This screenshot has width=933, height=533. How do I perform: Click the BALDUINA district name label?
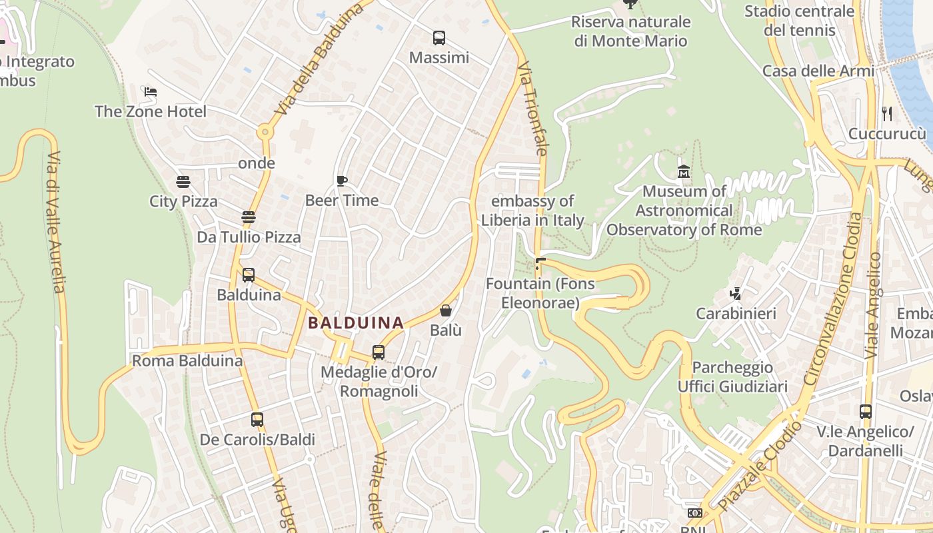point(356,323)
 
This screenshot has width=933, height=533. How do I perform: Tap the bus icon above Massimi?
point(439,38)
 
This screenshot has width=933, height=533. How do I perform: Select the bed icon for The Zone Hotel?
point(151,92)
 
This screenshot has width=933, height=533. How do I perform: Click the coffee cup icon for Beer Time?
point(342,181)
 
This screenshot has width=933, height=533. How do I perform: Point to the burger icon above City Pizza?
point(183,181)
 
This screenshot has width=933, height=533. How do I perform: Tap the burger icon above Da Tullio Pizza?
point(249,217)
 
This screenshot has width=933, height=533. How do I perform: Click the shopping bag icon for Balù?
point(446,310)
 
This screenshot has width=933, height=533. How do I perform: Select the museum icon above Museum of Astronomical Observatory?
point(684,172)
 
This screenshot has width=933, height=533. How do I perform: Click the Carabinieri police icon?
point(736,293)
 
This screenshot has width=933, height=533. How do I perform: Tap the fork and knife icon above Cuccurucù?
point(887,114)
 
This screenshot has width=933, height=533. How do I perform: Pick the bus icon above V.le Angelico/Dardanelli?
point(866,412)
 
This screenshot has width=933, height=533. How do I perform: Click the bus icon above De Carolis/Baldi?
point(257,420)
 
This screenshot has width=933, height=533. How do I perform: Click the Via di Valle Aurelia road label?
point(57,223)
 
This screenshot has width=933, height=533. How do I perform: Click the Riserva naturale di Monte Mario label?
point(630,31)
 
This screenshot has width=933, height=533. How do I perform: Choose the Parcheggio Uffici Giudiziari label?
point(732,377)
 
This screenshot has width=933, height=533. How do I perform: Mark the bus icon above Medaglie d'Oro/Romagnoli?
point(379,352)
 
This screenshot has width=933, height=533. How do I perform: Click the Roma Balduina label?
point(187,361)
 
